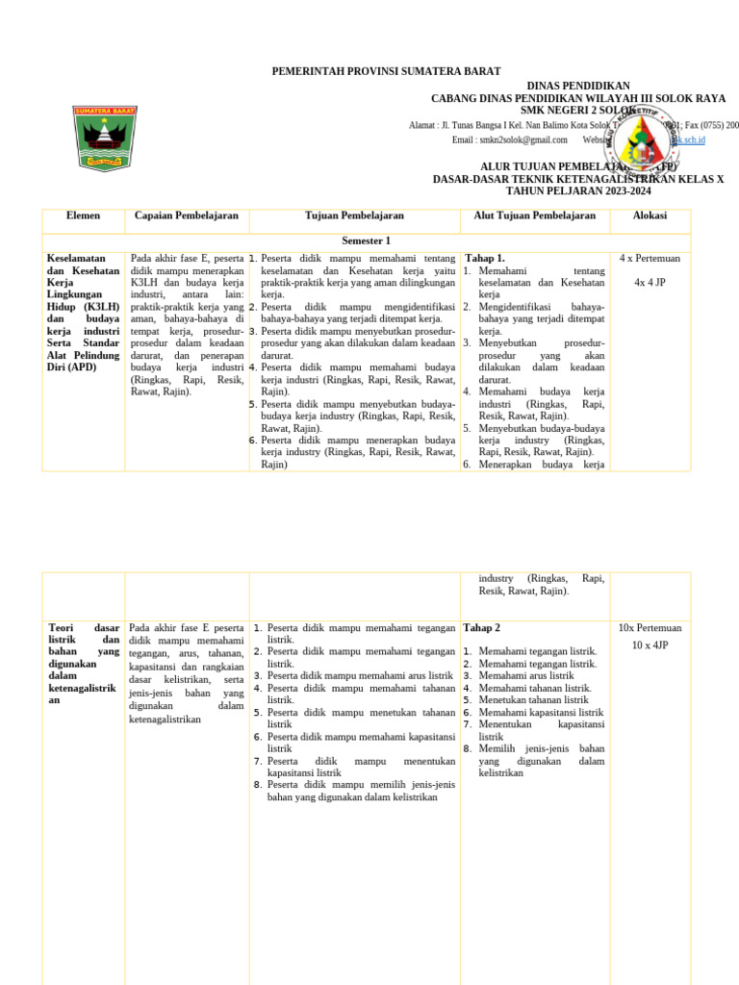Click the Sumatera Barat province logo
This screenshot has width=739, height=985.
[105, 136]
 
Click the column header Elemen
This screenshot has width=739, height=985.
[83, 215]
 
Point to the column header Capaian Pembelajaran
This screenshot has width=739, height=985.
[186, 215]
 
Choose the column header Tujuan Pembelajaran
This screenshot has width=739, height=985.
[354, 215]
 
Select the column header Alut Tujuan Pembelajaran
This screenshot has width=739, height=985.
[534, 215]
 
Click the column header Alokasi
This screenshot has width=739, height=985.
[650, 215]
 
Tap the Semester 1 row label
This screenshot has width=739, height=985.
[366, 240]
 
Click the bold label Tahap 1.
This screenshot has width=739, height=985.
[485, 259]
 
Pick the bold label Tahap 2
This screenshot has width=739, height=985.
[482, 627]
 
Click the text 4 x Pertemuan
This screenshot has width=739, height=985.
[650, 259]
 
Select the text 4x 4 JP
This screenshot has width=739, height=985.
[650, 283]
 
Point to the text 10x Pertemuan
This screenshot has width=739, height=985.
[650, 627]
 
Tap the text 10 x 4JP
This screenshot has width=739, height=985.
[650, 644]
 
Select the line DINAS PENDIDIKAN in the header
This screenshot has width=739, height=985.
[578, 86]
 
